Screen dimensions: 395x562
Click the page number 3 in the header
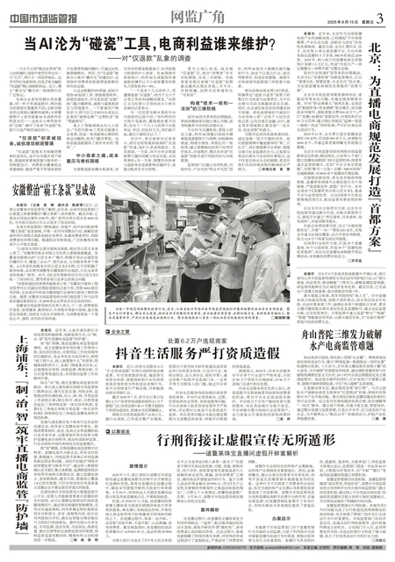point(381,11)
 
